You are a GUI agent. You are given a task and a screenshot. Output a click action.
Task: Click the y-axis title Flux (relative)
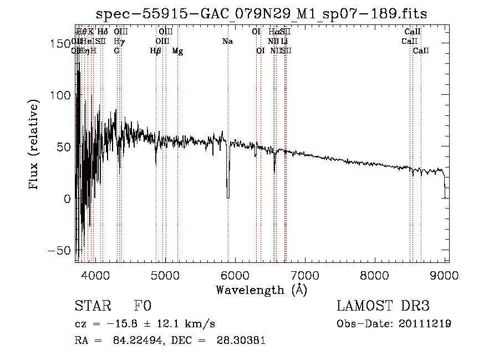34,145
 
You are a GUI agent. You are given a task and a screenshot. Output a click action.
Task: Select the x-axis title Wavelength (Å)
261,290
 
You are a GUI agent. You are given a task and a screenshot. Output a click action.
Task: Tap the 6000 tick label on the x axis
235,275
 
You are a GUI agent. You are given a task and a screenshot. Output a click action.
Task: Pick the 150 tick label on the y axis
59,43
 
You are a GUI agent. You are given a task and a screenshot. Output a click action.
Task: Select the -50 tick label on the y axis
59,250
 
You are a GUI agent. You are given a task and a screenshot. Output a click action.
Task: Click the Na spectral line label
227,41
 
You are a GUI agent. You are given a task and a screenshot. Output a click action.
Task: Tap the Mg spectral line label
177,51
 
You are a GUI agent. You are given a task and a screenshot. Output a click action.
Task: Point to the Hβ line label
156,51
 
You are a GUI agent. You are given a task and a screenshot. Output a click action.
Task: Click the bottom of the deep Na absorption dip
228,197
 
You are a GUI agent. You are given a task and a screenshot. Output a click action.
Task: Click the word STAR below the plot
92,306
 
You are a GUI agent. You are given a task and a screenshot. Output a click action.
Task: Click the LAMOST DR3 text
383,306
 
